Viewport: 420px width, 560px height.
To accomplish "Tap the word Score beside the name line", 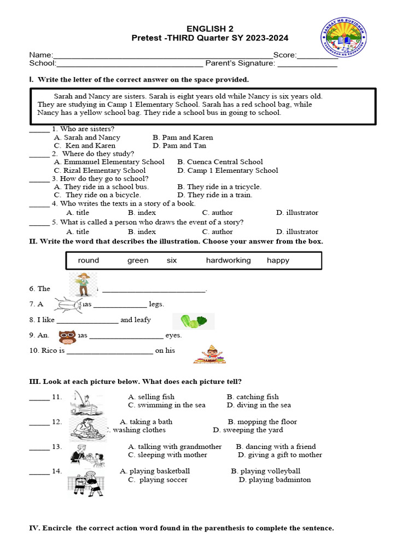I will click(284, 55).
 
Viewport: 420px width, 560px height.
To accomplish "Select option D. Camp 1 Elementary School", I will click(227, 170).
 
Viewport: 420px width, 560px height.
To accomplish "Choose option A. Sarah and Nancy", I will click(87, 137).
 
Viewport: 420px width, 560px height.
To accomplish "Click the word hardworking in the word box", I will click(228, 260).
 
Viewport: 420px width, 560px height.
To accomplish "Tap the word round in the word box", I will click(89, 260).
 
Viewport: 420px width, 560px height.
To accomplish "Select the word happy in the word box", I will click(278, 260).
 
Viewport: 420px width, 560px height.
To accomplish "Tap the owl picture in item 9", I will click(67, 337).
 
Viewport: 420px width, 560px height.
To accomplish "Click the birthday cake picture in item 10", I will click(207, 354).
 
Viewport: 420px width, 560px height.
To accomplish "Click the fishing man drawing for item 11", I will click(84, 402).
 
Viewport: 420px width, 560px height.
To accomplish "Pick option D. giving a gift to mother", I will click(279, 455).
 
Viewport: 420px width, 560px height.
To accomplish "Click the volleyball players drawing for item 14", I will click(85, 480).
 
